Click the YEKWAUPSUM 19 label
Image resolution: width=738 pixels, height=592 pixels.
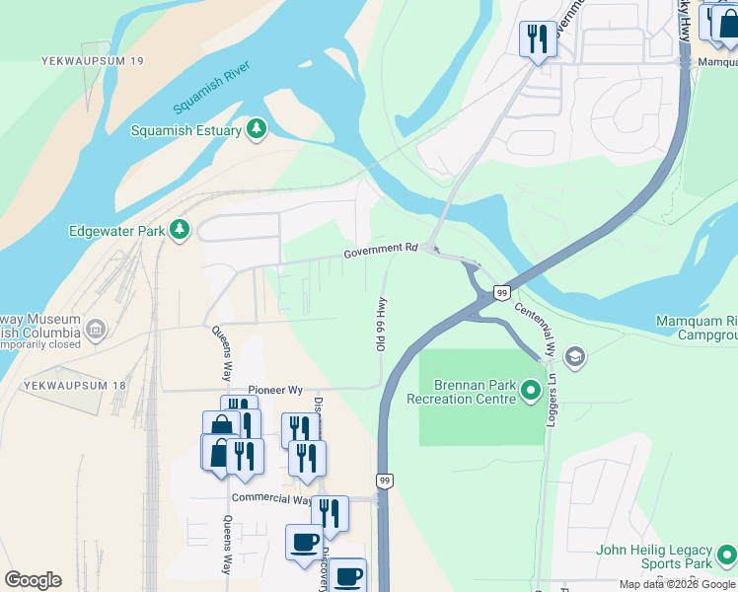coord(94,61)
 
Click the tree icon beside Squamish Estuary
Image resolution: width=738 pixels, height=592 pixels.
coord(257,129)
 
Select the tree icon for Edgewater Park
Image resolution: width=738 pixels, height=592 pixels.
coord(179,231)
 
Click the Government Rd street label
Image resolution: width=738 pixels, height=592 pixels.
coord(381,252)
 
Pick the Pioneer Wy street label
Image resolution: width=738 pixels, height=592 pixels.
coord(276,390)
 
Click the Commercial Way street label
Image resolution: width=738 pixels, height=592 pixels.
coord(271,498)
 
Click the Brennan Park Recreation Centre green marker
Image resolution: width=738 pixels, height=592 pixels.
coord(531,391)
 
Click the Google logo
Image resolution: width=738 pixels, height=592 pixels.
coord(33,580)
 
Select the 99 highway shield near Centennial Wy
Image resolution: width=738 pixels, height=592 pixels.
coord(501,293)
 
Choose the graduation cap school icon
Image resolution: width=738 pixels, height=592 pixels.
coord(575,356)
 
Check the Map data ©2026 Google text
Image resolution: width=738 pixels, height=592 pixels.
coord(677,584)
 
